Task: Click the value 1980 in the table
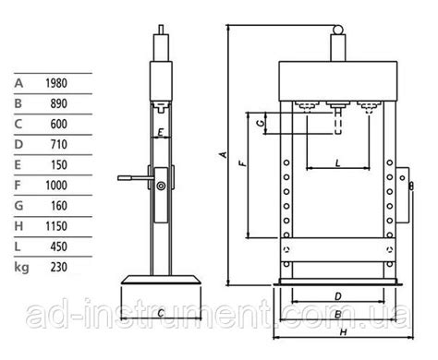(x=56, y=83)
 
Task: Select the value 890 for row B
(x=59, y=103)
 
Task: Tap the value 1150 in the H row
(x=56, y=226)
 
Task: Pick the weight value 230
(x=59, y=267)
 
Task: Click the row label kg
(x=21, y=268)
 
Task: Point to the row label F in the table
(x=18, y=186)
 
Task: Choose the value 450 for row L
(x=59, y=246)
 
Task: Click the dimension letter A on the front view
(x=224, y=154)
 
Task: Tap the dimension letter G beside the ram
(x=261, y=123)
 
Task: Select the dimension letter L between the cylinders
(x=338, y=162)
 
